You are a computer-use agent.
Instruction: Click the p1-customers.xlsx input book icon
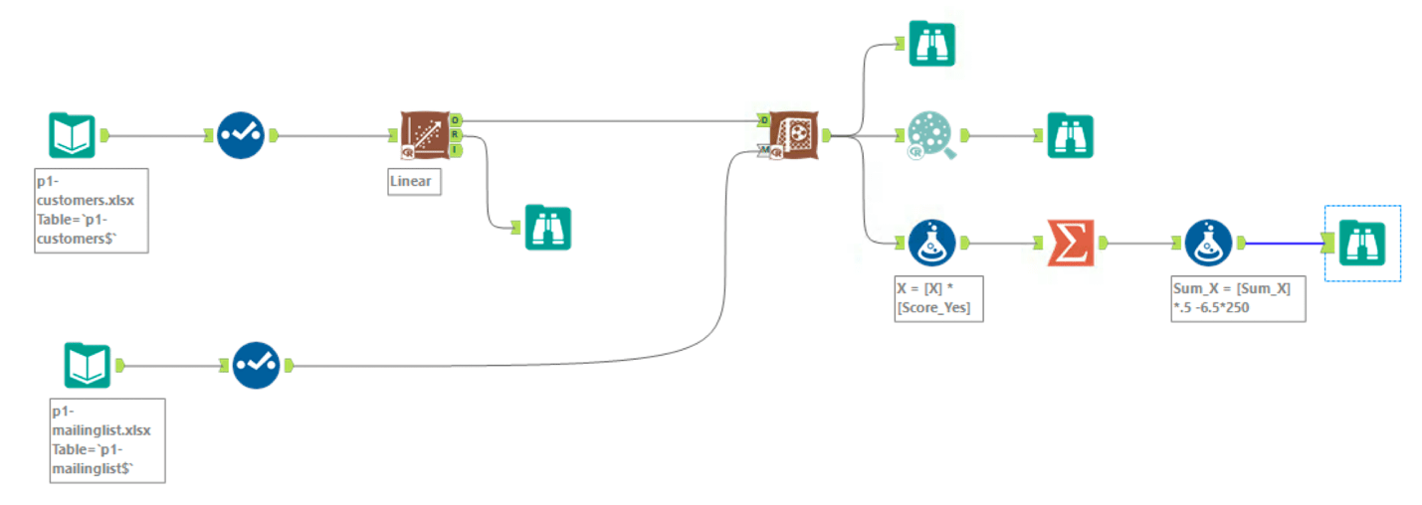pyautogui.click(x=73, y=135)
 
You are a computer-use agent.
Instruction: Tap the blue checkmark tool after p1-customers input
pyautogui.click(x=241, y=135)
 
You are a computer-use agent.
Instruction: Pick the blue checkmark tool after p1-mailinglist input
pyautogui.click(x=256, y=366)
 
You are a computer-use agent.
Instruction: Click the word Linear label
pyautogui.click(x=410, y=183)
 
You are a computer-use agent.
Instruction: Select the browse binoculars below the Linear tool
pyautogui.click(x=548, y=228)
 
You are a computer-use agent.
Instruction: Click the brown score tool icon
pyautogui.click(x=793, y=135)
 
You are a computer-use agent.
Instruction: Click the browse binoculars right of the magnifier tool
pyautogui.click(x=1070, y=135)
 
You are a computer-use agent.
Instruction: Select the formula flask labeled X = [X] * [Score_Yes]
pyautogui.click(x=932, y=243)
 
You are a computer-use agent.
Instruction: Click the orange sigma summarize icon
pyautogui.click(x=1070, y=243)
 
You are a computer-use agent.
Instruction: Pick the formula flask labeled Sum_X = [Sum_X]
pyautogui.click(x=1208, y=243)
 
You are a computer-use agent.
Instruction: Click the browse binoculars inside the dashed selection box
pyautogui.click(x=1362, y=243)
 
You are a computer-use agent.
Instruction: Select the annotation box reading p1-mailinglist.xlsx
pyautogui.click(x=106, y=440)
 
